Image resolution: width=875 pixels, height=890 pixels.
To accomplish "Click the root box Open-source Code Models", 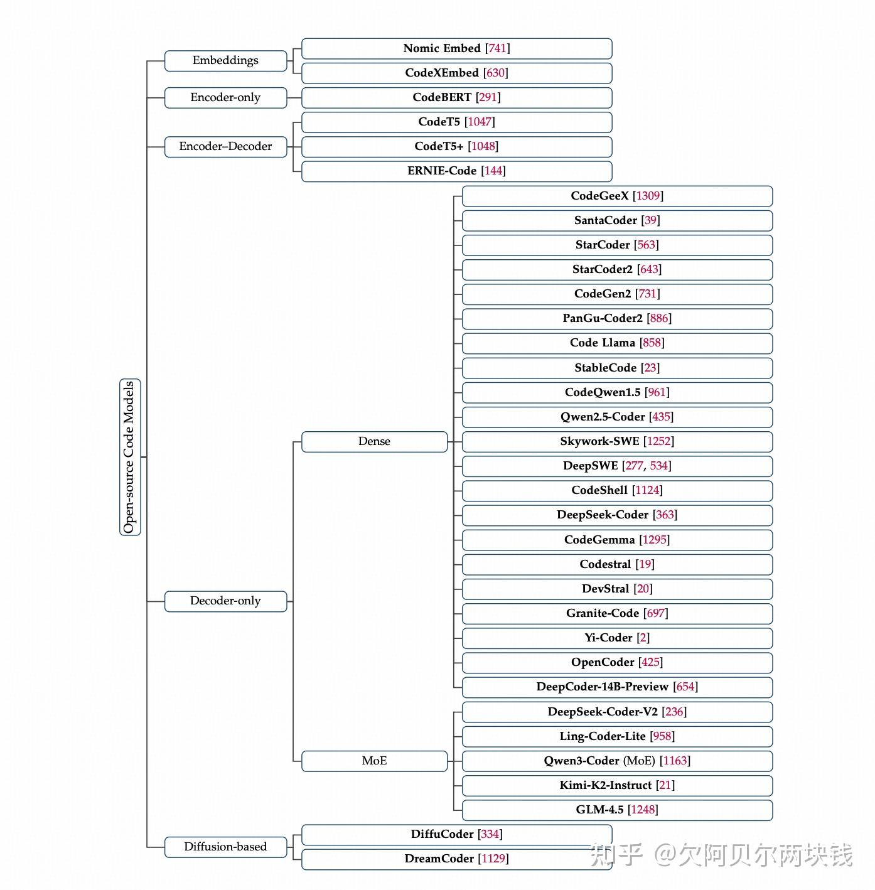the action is coord(130,457).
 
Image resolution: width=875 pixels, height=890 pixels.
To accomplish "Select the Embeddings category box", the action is coord(225,61).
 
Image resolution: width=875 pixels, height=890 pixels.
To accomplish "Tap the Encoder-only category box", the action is coord(225,97).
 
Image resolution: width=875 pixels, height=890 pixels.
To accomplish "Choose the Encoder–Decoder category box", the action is coord(225,147).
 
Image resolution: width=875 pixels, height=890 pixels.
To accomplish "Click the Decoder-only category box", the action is coord(225,601).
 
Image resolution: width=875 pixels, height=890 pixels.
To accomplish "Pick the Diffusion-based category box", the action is coord(225,847).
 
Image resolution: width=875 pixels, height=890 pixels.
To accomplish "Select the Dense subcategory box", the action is coord(374,442).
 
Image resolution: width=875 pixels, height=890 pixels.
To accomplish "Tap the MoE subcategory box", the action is coord(374,761).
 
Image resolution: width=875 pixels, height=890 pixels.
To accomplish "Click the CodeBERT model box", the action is coord(456,97).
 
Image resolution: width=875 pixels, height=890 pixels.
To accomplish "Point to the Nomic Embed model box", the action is coord(456,48).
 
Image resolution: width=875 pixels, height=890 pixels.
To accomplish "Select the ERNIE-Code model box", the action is coord(456,171).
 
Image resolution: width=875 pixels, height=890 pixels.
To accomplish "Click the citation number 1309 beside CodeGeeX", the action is coord(648,196).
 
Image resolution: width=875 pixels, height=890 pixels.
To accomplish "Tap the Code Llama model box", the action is coord(617,343).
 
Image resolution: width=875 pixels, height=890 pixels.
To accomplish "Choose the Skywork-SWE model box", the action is coord(617,441).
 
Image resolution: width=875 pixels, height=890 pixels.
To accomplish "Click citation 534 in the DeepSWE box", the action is coord(658,466).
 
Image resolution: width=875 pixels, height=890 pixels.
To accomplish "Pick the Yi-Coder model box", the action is coord(617,638).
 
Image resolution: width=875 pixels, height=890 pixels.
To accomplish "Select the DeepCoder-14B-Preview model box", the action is coord(617,687).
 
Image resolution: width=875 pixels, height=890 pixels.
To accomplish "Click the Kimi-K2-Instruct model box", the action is coord(617,785).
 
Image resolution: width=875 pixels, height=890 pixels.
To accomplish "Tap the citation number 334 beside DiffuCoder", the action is coord(490,834).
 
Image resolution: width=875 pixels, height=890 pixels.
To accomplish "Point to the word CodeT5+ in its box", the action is coord(439,146).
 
